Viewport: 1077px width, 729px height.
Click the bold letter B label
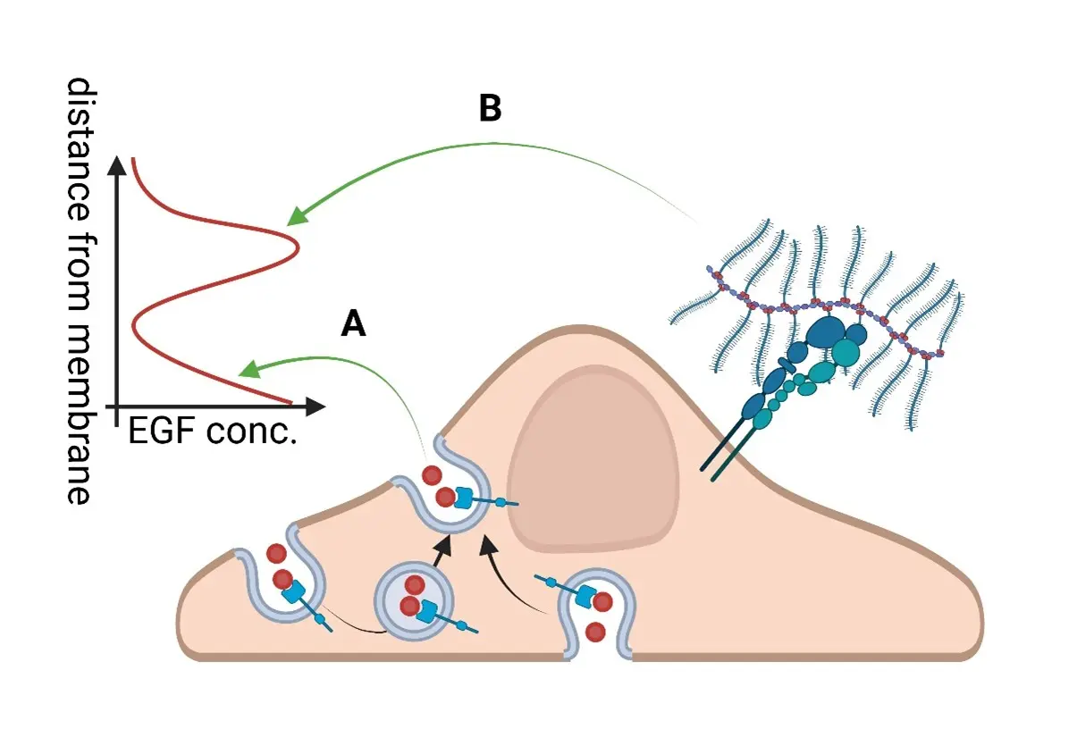tap(490, 108)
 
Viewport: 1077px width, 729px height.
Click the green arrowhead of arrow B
tap(296, 215)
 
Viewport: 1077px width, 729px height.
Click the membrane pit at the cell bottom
tap(597, 616)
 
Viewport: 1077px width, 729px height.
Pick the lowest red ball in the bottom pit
tap(595, 633)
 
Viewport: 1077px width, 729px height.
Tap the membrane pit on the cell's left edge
tap(282, 581)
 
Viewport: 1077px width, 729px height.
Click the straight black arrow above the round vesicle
tap(439, 553)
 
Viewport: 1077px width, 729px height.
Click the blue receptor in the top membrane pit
tap(464, 499)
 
